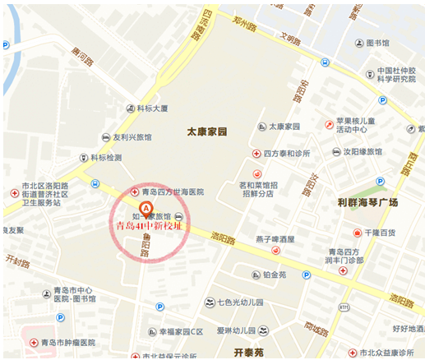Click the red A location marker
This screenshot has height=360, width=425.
[x=147, y=209]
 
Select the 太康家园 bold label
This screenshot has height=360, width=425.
[x=206, y=131]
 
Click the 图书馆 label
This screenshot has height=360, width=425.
[x=377, y=43]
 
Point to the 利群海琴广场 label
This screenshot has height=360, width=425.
[x=367, y=201]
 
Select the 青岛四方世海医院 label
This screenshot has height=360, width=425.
[x=172, y=192]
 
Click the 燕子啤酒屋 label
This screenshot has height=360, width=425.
[x=275, y=239]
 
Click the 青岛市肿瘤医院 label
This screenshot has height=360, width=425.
[x=68, y=342]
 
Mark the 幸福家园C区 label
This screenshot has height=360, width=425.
[x=180, y=332]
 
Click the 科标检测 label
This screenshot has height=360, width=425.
[x=106, y=158]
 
